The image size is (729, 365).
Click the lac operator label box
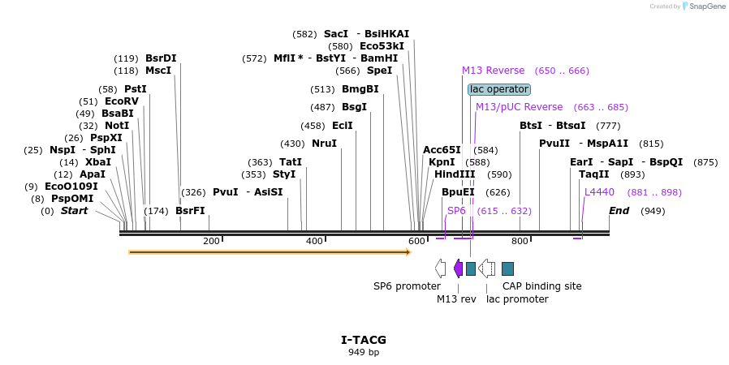(499, 89)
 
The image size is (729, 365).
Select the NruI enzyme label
(324, 144)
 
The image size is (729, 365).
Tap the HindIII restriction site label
(455, 174)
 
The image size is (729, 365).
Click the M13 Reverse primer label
(494, 71)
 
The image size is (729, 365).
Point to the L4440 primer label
(600, 192)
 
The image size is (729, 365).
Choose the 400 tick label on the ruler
(314, 241)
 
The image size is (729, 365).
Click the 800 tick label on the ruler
(520, 241)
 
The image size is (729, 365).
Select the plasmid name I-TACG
(364, 340)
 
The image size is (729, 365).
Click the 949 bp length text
(364, 352)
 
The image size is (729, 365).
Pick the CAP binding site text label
(541, 286)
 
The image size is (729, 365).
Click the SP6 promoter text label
(407, 286)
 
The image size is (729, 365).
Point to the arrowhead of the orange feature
(408, 252)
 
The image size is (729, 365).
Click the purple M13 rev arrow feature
(459, 268)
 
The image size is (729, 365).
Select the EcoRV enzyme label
(122, 101)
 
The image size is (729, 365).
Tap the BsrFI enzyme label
(190, 211)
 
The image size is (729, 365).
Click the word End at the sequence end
(619, 211)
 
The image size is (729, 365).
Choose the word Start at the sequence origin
(74, 211)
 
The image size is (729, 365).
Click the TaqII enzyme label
(594, 174)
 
